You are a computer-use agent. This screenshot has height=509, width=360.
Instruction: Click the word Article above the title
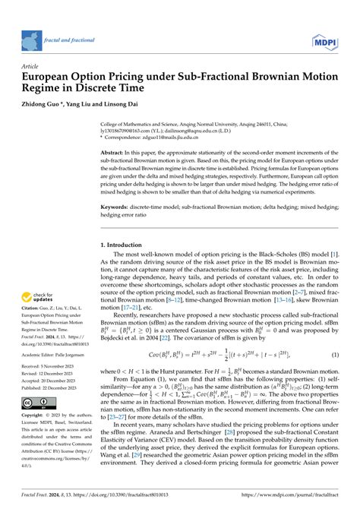tap(31, 66)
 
